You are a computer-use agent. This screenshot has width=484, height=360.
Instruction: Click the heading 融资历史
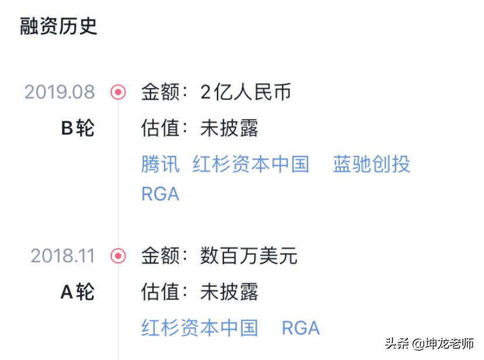tap(58, 26)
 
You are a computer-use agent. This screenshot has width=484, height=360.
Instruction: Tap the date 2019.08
tap(60, 92)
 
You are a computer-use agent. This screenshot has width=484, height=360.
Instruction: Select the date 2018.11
tap(63, 256)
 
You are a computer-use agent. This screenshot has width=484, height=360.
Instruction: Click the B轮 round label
tap(77, 128)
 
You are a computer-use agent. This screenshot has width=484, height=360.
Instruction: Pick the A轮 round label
tap(77, 292)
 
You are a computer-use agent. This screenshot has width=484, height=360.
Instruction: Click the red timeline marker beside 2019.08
tap(119, 92)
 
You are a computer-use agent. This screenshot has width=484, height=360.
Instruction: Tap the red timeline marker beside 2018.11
tap(119, 256)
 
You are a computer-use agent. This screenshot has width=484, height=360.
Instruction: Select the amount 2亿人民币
tap(246, 92)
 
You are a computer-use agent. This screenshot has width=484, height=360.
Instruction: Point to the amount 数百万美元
tap(249, 256)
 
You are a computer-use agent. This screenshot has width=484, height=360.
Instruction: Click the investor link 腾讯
tap(160, 164)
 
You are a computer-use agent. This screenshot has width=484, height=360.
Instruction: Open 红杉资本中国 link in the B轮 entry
tap(251, 164)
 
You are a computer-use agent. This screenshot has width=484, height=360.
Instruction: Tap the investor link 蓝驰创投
tap(372, 164)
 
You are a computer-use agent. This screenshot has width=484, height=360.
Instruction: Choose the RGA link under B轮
tap(160, 194)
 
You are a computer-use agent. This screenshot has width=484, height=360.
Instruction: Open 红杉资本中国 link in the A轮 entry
tap(199, 328)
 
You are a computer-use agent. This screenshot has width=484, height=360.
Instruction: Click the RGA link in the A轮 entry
tap(300, 328)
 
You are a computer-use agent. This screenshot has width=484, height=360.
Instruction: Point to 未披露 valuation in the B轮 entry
tap(229, 128)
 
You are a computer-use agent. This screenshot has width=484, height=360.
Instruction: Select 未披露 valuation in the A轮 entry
tap(229, 292)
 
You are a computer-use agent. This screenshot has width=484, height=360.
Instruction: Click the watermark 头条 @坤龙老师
tap(429, 344)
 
